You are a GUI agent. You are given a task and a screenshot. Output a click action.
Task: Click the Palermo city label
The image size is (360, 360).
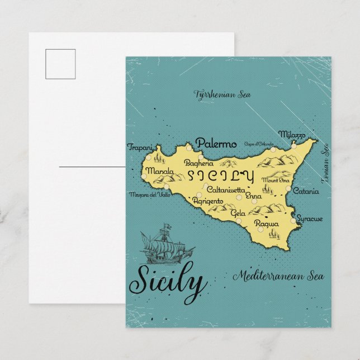216,144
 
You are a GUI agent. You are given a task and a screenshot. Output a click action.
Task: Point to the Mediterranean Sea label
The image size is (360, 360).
278,275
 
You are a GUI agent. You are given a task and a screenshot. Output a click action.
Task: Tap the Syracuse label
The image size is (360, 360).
309,219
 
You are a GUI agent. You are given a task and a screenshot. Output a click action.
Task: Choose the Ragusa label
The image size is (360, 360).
266,224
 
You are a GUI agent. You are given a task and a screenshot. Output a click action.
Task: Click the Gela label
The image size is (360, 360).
238,214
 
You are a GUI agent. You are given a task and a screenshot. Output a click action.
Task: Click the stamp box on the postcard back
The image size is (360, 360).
60,63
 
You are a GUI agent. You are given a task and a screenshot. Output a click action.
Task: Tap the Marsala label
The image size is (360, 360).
158,171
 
